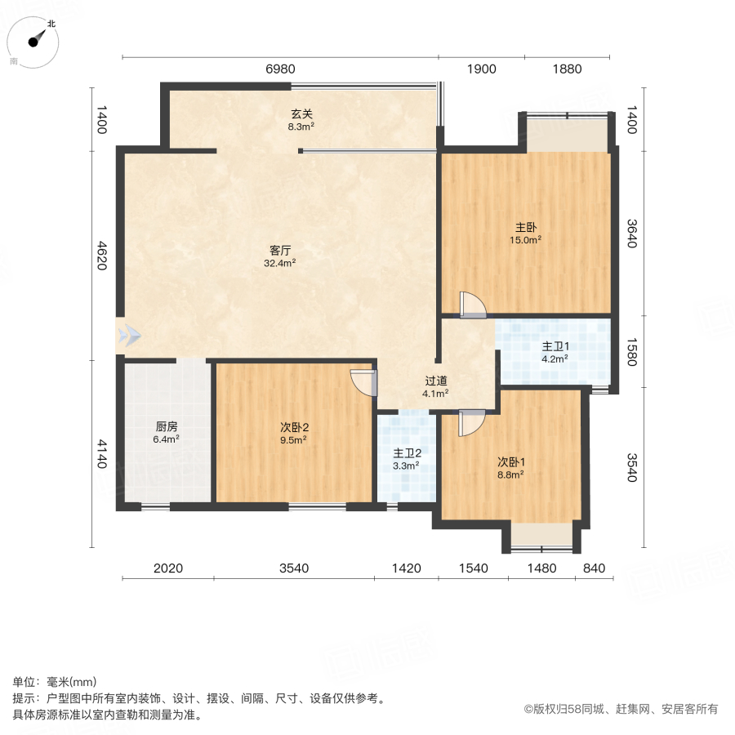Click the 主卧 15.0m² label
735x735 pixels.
coord(526,234)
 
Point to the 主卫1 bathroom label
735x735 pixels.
coord(555,351)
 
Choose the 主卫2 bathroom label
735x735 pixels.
coord(406,459)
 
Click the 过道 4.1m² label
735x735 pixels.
coord(435,386)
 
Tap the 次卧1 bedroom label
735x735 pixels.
coord(510,466)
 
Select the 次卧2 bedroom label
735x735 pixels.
coord(293,433)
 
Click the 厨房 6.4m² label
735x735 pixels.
coord(167,432)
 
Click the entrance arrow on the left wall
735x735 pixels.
coord(128,335)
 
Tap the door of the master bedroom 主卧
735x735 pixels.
coord(472,305)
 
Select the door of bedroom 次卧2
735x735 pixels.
coord(364,382)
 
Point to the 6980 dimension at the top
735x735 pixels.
coord(280,69)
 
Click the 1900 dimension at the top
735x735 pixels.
coord(481,69)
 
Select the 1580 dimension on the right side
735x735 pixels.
coord(631,351)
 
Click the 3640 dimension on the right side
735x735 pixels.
coord(631,233)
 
